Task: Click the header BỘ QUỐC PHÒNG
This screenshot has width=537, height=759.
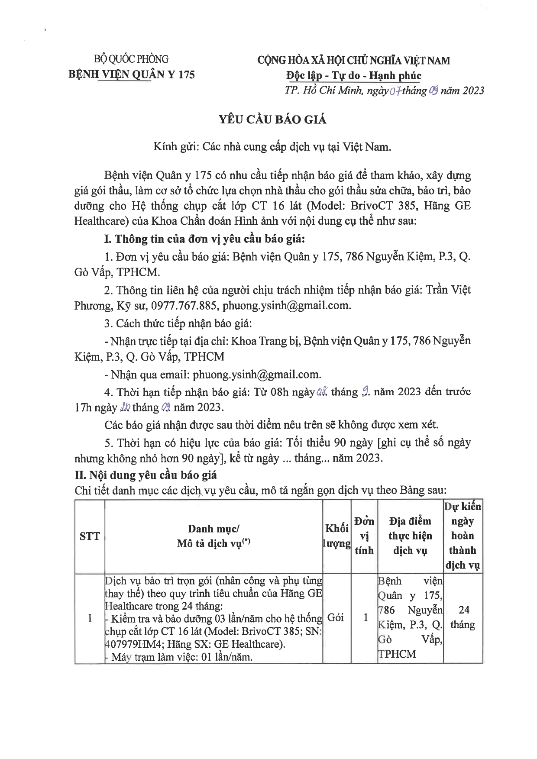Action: click(132, 59)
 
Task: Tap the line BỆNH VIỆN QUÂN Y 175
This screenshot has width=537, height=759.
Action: click(132, 74)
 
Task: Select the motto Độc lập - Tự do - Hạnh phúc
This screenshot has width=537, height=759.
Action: click(353, 76)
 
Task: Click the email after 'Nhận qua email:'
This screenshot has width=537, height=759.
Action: click(256, 374)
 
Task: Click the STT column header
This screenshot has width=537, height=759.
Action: click(90, 536)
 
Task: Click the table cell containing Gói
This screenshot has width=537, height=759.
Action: click(336, 618)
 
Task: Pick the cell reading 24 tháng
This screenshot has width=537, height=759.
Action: click(463, 617)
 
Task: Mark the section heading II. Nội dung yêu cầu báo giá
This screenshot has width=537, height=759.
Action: click(146, 475)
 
